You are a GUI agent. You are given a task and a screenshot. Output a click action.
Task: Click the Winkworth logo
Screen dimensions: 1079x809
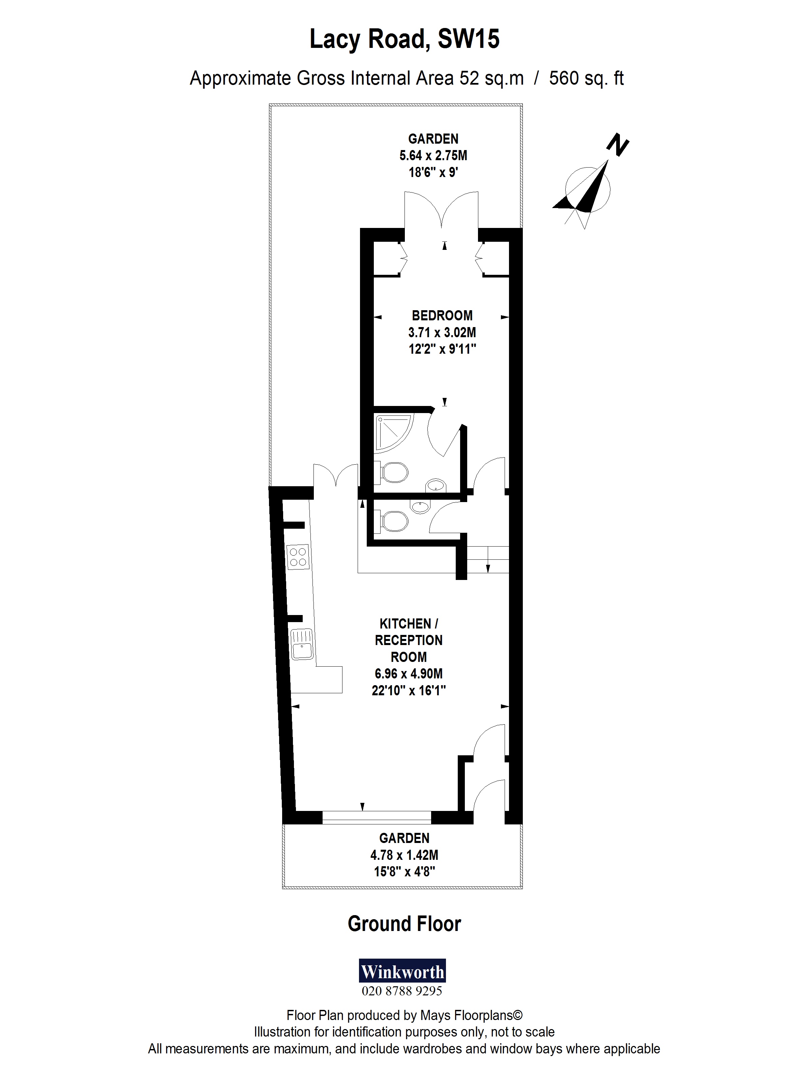point(402,971)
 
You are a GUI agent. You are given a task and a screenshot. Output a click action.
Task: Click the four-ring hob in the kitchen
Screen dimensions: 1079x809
point(298,557)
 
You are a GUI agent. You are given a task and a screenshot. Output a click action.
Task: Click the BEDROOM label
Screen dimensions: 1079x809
point(442,316)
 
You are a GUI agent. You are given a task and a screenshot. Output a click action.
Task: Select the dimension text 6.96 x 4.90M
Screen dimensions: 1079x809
point(409,674)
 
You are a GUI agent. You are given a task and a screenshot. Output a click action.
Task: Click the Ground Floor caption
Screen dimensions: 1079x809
point(404,924)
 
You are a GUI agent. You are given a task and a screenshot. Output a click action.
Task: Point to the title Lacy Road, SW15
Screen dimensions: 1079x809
point(404,39)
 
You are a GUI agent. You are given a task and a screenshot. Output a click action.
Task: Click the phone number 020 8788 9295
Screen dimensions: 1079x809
point(402,991)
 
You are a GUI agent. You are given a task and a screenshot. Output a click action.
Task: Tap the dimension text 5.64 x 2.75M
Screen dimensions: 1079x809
point(433,155)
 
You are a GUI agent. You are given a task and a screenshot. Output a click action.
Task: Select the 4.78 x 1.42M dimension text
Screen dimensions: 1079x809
point(404,855)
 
